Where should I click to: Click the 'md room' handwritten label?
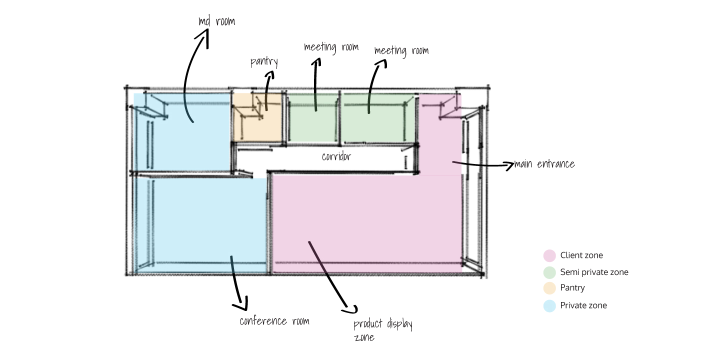click(216, 22)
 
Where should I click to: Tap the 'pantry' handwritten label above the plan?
click(263, 62)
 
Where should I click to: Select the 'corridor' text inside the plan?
click(336, 156)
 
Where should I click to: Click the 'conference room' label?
click(274, 321)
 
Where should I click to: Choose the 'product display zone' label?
click(382, 330)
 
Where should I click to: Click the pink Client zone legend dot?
click(549, 255)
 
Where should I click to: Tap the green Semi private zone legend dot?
click(549, 272)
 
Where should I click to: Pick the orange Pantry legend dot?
click(549, 288)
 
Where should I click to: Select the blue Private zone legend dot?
click(549, 305)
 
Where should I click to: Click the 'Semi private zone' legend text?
click(594, 272)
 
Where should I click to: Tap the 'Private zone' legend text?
click(583, 305)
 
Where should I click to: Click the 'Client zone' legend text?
click(581, 255)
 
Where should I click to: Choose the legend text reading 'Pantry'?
click(572, 288)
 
